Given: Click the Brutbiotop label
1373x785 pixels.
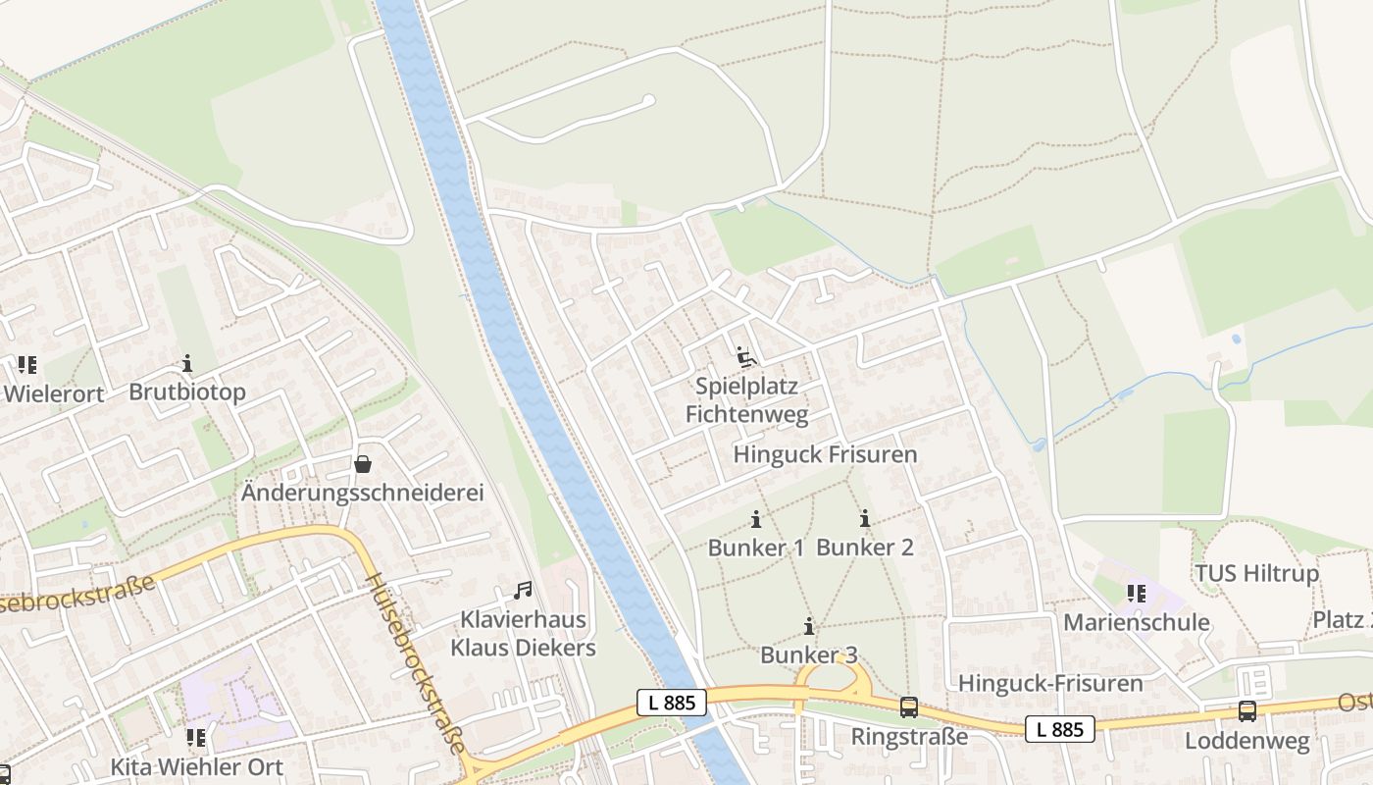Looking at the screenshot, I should click(x=187, y=392).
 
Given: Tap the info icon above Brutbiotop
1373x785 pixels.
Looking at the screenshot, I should click(x=187, y=365).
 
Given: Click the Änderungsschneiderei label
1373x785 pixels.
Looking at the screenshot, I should click(x=363, y=493).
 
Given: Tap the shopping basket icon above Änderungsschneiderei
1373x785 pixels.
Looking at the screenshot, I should click(x=363, y=464).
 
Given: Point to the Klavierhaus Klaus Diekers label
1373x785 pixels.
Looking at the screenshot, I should click(x=523, y=634).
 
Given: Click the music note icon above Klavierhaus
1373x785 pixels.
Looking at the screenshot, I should click(x=523, y=591).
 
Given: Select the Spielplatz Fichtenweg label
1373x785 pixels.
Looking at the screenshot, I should click(x=747, y=400).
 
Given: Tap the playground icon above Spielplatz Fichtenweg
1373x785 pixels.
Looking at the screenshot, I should click(x=747, y=357).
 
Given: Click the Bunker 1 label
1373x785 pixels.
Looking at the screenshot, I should click(x=756, y=548).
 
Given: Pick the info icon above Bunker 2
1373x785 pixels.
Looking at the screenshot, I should click(x=865, y=520).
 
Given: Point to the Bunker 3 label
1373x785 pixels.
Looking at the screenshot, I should click(x=809, y=654).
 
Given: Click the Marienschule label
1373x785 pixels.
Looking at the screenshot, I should click(x=1137, y=623).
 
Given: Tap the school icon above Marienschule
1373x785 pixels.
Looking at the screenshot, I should click(x=1137, y=594).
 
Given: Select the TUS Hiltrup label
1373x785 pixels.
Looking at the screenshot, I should click(x=1256, y=573).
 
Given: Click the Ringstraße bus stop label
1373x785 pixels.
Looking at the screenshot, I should click(x=909, y=736).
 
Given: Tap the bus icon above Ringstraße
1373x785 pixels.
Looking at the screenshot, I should click(x=909, y=707).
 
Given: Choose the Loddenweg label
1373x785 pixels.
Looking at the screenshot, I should click(x=1247, y=740).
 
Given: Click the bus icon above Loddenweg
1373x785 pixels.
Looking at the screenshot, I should click(x=1247, y=711).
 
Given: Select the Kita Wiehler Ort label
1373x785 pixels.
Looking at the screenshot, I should click(x=196, y=766).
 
